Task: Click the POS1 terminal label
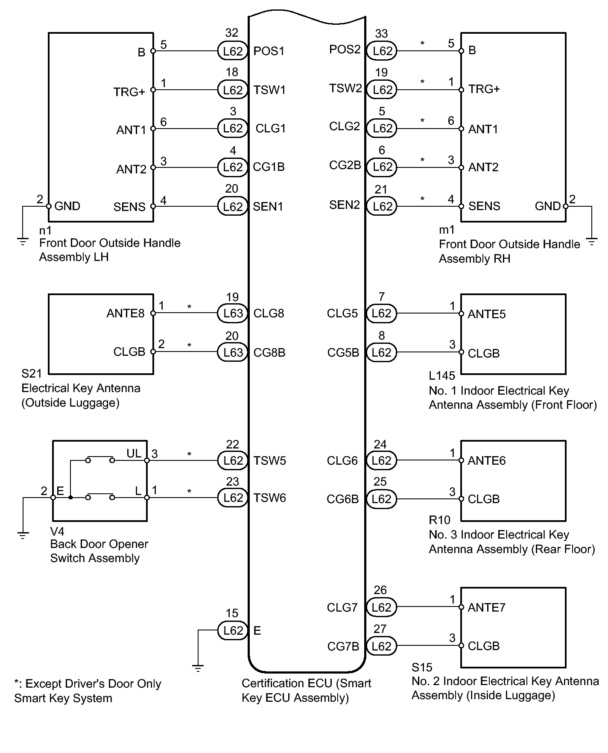point(269,51)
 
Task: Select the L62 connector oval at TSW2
point(382,90)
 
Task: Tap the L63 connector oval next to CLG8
point(233,314)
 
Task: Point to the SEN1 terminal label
point(268,207)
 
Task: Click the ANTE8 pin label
point(126,314)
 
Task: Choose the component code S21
point(32,374)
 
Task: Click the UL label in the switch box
point(134,454)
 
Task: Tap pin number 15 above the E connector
point(232,613)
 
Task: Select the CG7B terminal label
point(343,647)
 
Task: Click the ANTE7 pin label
point(486,607)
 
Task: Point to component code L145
point(442,376)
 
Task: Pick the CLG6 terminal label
point(342,461)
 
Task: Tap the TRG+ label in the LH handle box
point(129,92)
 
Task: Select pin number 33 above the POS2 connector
point(381,33)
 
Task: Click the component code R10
point(439,520)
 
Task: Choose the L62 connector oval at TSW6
point(233,498)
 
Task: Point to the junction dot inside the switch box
point(70,498)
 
